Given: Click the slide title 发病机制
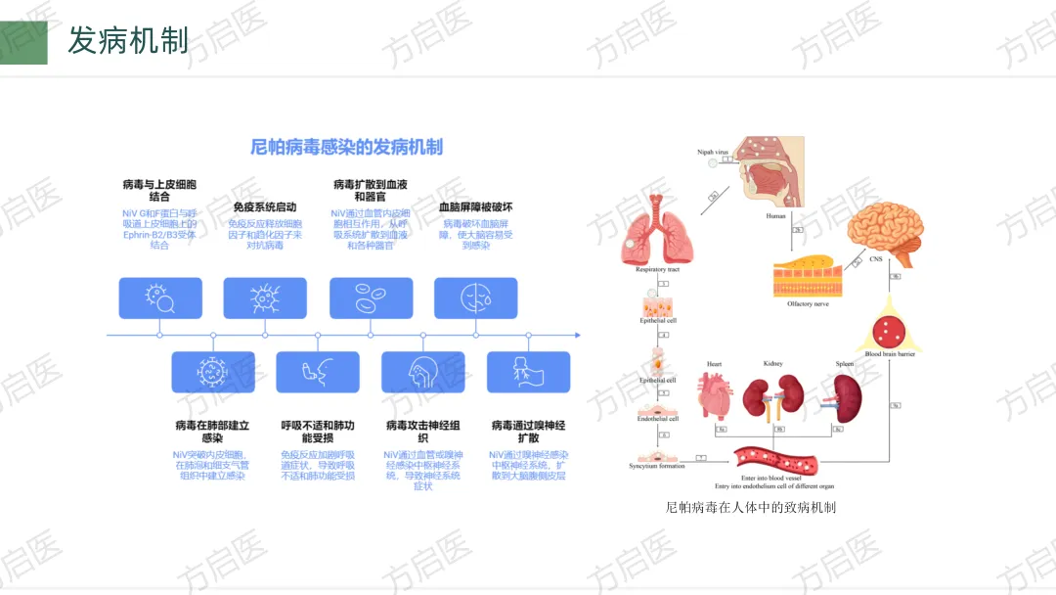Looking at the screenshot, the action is click(x=127, y=41).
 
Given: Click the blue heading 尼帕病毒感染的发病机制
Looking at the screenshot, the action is click(x=346, y=148).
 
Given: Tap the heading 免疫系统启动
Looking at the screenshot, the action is click(x=264, y=207).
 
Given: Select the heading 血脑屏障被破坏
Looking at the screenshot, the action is click(x=475, y=207).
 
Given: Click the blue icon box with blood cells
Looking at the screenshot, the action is click(x=371, y=298).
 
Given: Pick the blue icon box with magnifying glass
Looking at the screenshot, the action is click(x=160, y=298).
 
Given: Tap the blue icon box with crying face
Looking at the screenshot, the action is click(x=475, y=298).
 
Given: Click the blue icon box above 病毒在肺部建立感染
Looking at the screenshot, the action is click(x=213, y=372).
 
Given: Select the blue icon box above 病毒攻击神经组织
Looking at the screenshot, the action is click(x=423, y=372).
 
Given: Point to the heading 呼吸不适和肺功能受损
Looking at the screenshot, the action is click(x=318, y=433).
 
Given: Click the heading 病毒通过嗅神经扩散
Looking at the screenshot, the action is click(x=528, y=433).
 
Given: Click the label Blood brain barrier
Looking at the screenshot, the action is click(x=890, y=353).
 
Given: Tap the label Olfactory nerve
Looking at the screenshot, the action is click(x=808, y=304).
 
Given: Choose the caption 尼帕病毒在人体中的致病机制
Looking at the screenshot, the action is click(x=750, y=508).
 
